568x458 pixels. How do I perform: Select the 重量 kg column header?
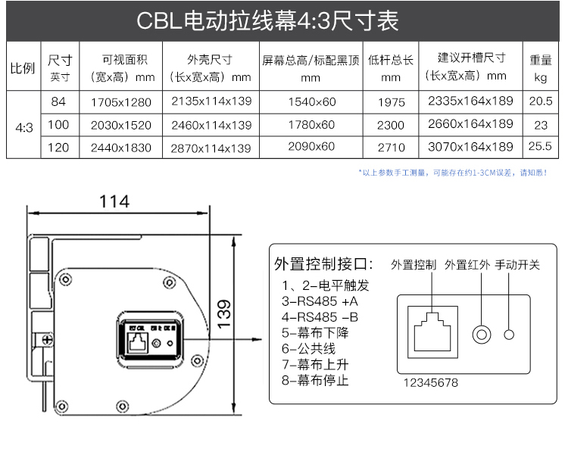click(540, 68)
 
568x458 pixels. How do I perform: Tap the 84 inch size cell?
click(60, 101)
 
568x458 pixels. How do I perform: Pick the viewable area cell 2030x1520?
click(120, 125)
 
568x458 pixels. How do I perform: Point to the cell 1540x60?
click(311, 101)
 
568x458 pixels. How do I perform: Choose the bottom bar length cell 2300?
click(391, 125)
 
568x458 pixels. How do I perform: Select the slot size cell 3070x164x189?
click(470, 148)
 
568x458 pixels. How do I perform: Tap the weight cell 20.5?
click(540, 101)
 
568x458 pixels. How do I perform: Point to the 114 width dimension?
click(114, 201)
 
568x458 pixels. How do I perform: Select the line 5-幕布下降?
click(315, 332)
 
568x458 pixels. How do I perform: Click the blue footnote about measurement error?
click(453, 173)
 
